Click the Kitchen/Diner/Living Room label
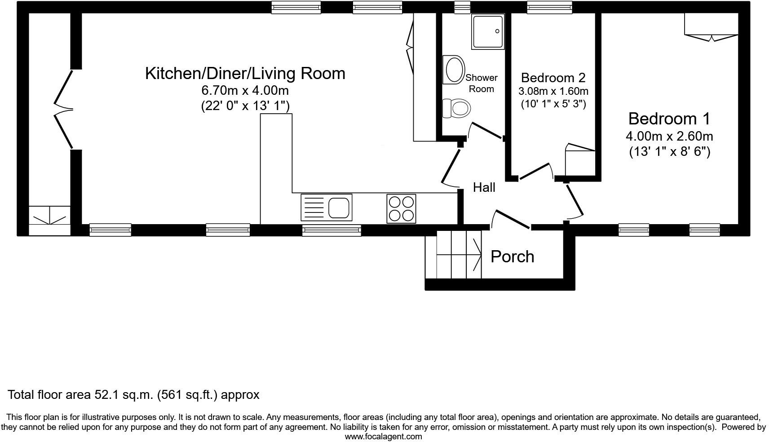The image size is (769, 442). coord(245,73)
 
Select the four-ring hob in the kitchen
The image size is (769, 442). coord(401,208)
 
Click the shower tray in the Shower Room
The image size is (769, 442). coord(488,31)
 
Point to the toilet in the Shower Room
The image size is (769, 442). coord(456,108)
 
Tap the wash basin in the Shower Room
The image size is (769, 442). coord(453,70)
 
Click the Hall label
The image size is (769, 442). coord(484,187)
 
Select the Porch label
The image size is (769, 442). coord(512,256)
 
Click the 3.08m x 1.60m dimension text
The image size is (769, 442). coord(553,91)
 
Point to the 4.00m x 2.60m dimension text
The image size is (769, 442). coord(669,136)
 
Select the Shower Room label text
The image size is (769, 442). coord(481,83)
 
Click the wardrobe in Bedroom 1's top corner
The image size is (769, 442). coord(711,24)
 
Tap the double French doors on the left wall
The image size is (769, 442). coord(63,109)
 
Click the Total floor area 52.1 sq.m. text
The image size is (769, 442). coord(133,395)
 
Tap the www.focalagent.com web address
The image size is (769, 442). coord(383,436)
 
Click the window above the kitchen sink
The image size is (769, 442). coord(331,230)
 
